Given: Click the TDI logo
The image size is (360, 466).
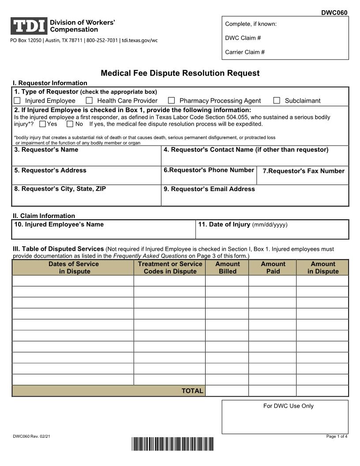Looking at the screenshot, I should point(29,26).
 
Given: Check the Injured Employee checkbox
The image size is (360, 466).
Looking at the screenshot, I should point(17,101).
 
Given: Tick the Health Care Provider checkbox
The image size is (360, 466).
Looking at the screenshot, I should point(89,101).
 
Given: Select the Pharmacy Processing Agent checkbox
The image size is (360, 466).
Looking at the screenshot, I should point(172,101).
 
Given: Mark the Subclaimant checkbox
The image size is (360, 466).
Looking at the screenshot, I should point(277,101).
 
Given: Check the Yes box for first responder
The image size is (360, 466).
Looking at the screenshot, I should point(42,124).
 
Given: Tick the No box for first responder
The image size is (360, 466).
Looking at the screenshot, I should point(70,124).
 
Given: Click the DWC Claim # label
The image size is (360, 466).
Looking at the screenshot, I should point(243,38).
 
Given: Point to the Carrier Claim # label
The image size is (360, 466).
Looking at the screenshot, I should point(245,52).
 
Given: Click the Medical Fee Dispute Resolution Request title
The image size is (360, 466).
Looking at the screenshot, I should point(180,73).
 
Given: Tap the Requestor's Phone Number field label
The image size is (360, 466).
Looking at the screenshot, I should point(209,170).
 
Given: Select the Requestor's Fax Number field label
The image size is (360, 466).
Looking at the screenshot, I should point(304,171).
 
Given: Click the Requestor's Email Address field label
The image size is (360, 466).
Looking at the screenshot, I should point(209,189).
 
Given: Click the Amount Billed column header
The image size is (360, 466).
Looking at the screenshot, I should point(227,267).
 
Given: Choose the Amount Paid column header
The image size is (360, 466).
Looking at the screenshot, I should point(273,267).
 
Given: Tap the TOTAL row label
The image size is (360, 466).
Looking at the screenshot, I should point(192,391).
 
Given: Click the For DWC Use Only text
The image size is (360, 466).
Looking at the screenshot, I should point(288,406).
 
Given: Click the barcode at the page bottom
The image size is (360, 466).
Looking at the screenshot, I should point(172,444).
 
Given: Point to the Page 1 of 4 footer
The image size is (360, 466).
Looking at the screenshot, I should point(337,436).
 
